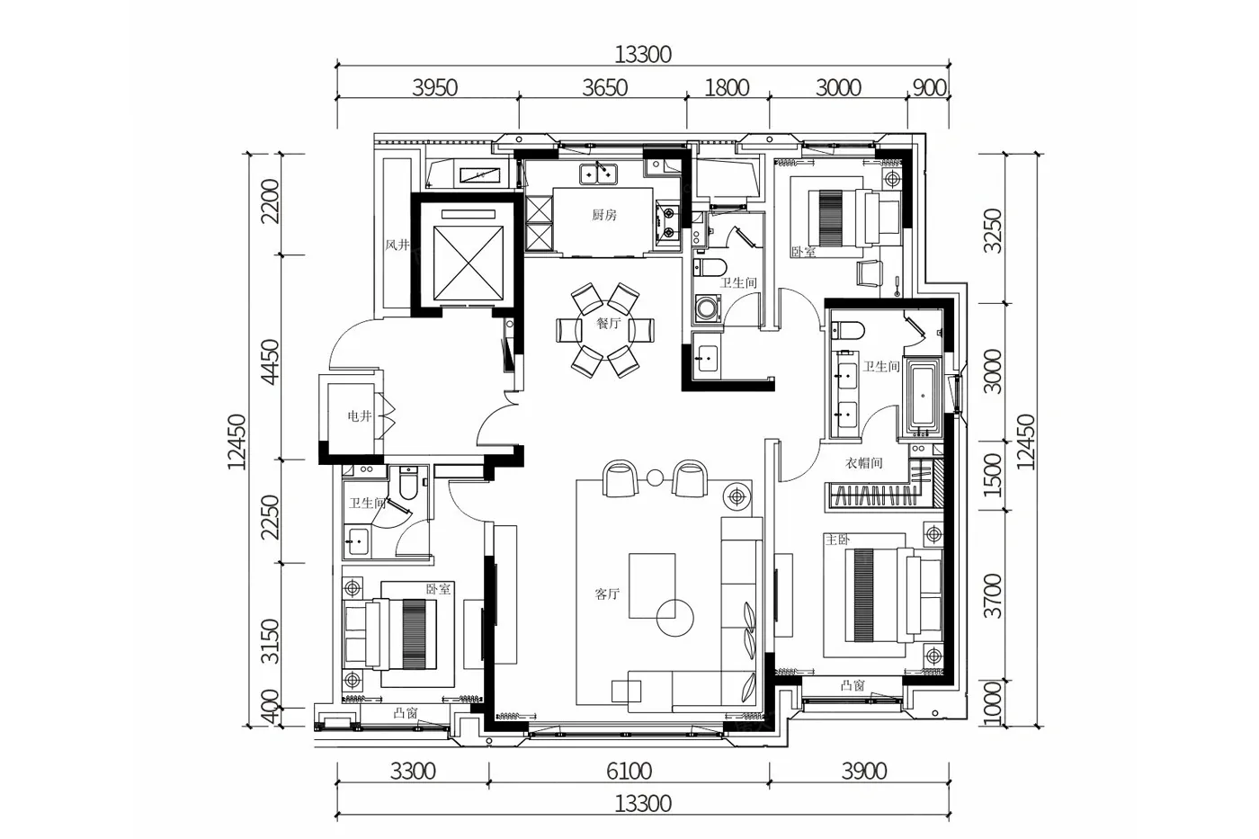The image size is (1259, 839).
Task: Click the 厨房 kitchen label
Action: point(603,215)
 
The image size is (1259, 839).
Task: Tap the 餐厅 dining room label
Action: point(608,323)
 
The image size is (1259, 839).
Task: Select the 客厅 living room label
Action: point(607,594)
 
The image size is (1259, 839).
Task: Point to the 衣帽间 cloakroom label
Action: point(864,463)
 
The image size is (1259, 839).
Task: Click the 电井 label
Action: point(359,415)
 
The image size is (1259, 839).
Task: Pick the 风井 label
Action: point(397,245)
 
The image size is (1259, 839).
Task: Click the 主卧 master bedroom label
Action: point(837,540)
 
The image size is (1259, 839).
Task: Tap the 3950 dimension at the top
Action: point(434,87)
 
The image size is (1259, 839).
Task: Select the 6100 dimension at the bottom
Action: point(629,771)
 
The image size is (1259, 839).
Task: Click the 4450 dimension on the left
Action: point(271,361)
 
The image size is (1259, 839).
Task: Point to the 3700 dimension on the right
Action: point(993,595)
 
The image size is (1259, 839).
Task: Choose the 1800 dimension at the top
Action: point(727,87)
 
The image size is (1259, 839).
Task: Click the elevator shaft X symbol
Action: point(468,263)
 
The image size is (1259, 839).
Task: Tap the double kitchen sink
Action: point(598,174)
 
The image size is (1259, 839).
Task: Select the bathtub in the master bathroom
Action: point(923,397)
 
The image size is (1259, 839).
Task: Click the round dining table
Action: point(606,330)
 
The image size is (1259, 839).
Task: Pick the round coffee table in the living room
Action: point(675,618)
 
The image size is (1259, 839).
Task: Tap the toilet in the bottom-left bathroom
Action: point(407,483)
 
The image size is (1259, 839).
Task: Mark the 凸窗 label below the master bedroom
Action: point(853,685)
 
